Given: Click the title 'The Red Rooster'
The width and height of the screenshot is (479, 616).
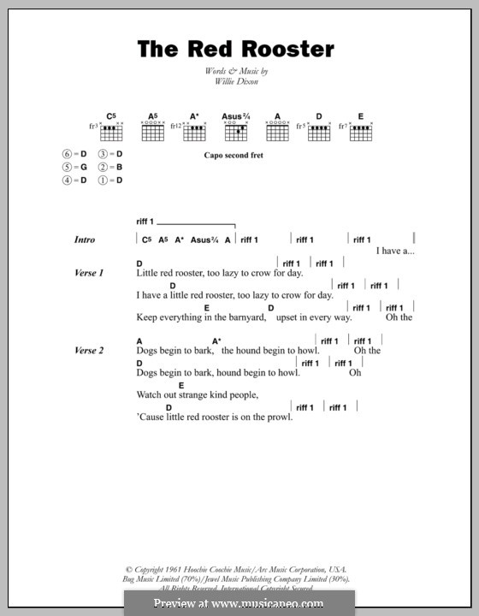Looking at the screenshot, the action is click(x=235, y=50).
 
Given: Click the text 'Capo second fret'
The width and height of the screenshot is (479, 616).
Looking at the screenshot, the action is click(x=234, y=156).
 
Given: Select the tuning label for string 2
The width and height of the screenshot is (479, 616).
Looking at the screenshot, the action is click(x=113, y=167).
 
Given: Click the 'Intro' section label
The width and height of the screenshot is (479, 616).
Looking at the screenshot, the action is click(x=85, y=240).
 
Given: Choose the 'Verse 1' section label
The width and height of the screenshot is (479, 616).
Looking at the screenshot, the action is click(x=89, y=273).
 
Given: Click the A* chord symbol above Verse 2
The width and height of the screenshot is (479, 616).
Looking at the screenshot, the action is click(x=216, y=341).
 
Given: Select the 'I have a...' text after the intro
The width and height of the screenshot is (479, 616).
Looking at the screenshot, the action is click(x=395, y=252).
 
